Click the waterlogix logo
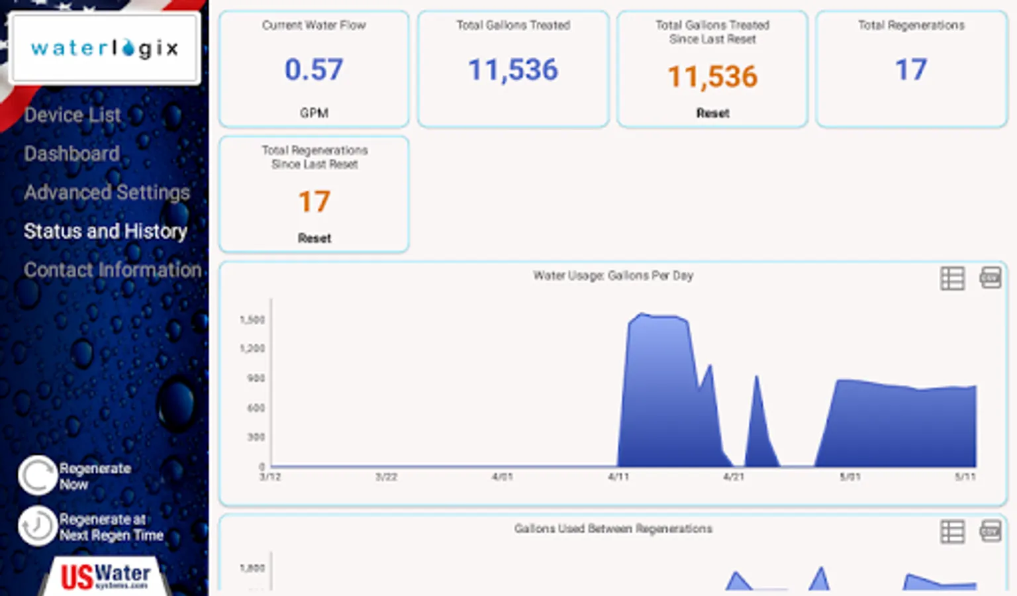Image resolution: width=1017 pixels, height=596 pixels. (105, 48)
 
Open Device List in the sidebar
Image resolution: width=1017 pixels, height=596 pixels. (73, 115)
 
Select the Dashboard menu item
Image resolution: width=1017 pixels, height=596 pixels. (72, 154)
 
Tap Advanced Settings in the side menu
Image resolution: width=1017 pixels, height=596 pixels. (107, 192)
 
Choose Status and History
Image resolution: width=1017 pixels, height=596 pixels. (105, 231)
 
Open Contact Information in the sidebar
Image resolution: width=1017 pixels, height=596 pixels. (113, 270)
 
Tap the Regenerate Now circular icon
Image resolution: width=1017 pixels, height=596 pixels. (37, 475)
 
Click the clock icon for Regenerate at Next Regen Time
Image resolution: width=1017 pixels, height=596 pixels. (37, 526)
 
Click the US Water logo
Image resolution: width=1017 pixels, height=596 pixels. (106, 575)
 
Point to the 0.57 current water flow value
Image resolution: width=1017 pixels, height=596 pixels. (314, 70)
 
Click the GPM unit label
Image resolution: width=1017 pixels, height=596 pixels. (314, 113)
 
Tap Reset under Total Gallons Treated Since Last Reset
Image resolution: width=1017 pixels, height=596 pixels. (712, 113)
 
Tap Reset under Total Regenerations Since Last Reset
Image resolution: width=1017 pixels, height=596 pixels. (314, 238)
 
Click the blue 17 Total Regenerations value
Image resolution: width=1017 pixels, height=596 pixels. (911, 70)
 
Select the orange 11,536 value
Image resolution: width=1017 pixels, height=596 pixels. (712, 77)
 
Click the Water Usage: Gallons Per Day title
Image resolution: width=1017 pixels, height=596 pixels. (613, 275)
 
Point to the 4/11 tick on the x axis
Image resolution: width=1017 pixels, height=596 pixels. (618, 477)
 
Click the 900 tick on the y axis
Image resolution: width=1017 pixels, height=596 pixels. (256, 378)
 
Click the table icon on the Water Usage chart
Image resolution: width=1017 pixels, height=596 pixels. (952, 278)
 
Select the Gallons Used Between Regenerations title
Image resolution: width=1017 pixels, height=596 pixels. (613, 528)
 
